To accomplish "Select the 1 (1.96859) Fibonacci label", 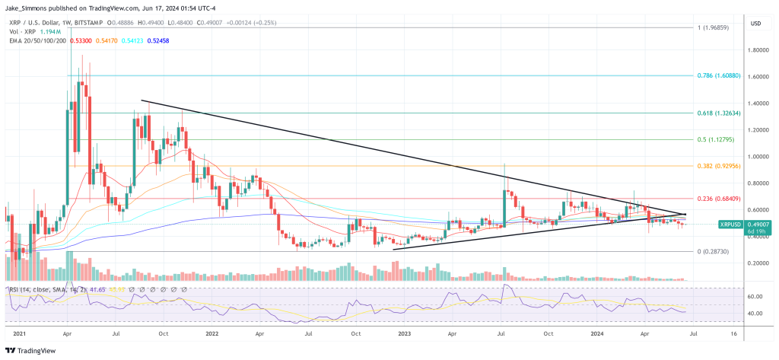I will point(718,27).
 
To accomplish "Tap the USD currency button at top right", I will point(755,24).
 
